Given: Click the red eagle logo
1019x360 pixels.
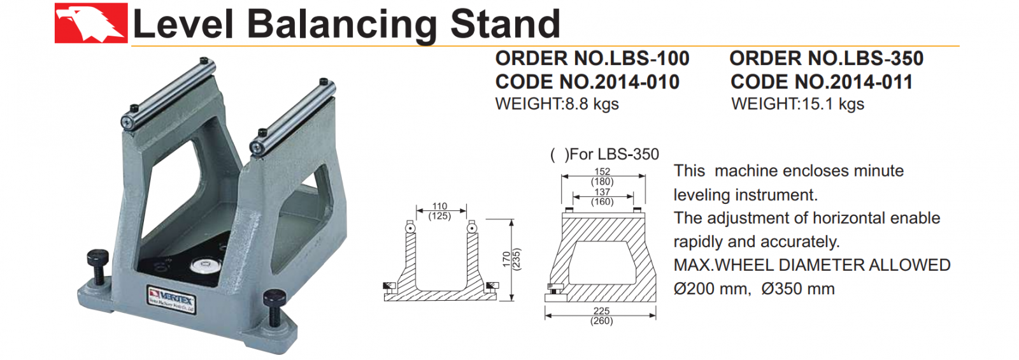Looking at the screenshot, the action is click(91, 23).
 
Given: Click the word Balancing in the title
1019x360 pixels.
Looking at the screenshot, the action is click(342, 25).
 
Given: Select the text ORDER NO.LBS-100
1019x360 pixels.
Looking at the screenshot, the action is click(592, 58).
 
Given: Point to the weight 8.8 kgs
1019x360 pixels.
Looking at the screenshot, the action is click(592, 104).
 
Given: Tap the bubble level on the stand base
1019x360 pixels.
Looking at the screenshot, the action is click(203, 265).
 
